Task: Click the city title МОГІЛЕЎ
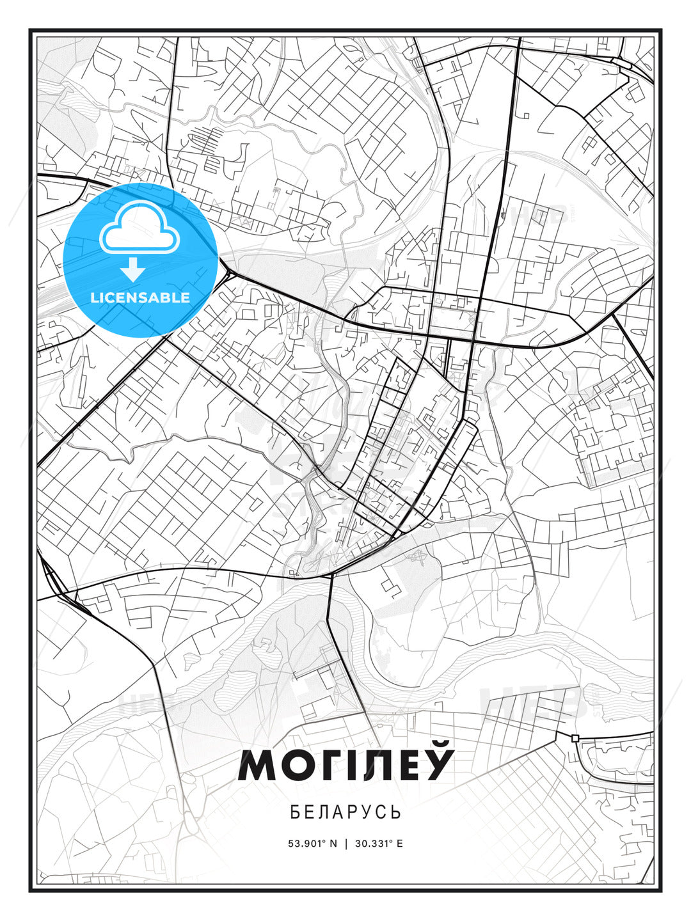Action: tap(345, 765)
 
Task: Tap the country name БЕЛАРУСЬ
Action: tap(345, 812)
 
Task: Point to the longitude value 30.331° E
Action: tap(378, 843)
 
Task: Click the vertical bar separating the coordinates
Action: tap(346, 843)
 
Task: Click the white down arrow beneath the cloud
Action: tap(133, 269)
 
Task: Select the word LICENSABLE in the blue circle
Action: tap(140, 297)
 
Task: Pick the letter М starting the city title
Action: tap(257, 766)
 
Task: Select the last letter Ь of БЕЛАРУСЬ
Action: tap(397, 812)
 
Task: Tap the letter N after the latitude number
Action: tap(333, 843)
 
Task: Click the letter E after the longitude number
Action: tap(400, 843)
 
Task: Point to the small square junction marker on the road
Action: tap(575, 738)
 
